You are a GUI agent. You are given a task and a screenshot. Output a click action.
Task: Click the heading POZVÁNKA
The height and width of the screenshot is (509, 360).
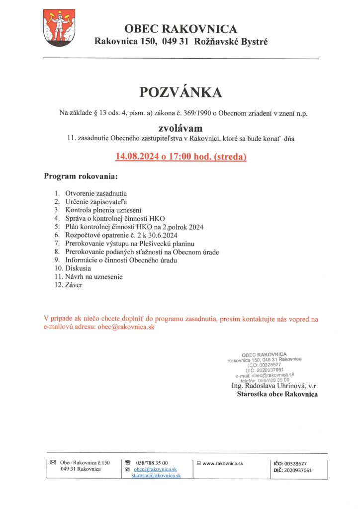180,92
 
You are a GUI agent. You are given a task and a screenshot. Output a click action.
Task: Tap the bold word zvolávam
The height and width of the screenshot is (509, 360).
180,128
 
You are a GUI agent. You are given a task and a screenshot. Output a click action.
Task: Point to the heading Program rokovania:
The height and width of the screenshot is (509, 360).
81,176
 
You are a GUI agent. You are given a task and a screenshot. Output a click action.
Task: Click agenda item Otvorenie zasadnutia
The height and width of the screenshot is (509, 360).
96,193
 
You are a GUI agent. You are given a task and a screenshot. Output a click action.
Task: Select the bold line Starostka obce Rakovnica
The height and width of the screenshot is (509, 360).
277,394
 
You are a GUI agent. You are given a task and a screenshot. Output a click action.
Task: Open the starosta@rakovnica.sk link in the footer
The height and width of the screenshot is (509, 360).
156,476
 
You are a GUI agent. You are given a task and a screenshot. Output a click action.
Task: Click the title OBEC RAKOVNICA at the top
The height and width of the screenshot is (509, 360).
180,29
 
